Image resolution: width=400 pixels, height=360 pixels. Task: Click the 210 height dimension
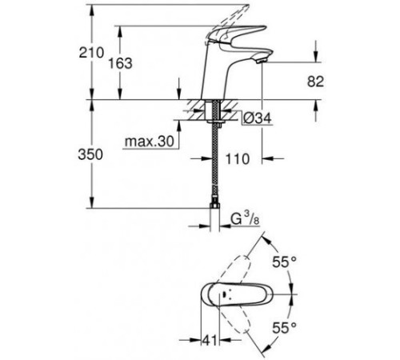pyautogui.click(x=98, y=53)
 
